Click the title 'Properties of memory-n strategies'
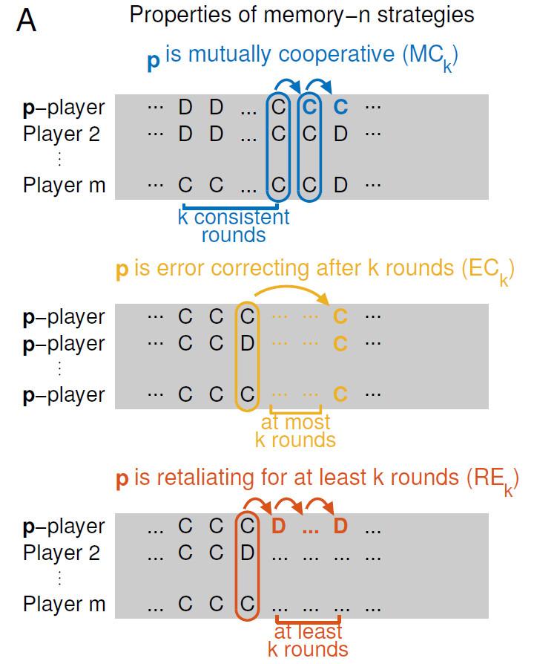301,16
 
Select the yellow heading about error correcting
315,269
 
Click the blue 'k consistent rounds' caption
233,227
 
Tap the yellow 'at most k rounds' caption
295,431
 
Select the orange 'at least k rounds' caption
307,640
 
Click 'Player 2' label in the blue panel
62,134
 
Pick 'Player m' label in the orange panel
64,604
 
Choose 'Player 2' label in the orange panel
62,553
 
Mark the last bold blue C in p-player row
340,107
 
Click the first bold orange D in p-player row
278,527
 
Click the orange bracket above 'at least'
307,619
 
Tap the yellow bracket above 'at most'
295,410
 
